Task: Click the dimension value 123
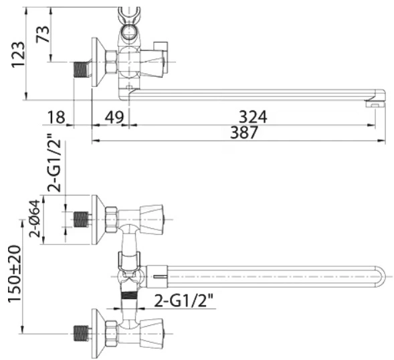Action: coord(19,55)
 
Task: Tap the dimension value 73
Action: coord(43,34)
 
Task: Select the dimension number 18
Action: coord(56,117)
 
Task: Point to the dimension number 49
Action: coord(114,117)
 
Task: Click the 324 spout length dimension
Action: coord(253,117)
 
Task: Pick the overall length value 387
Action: coord(244,132)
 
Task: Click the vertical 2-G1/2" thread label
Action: coord(54,163)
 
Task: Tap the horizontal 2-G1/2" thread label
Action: coord(184,300)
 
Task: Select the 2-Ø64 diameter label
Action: coord(34,218)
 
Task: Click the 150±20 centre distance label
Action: coord(15,274)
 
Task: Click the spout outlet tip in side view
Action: coord(375,104)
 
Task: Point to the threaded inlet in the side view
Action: coord(81,69)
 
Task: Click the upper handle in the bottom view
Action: coord(152,219)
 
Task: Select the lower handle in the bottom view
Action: coord(152,334)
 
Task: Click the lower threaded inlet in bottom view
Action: coord(82,334)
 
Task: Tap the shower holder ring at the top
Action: coord(129,32)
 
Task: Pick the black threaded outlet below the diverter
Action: coord(129,295)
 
